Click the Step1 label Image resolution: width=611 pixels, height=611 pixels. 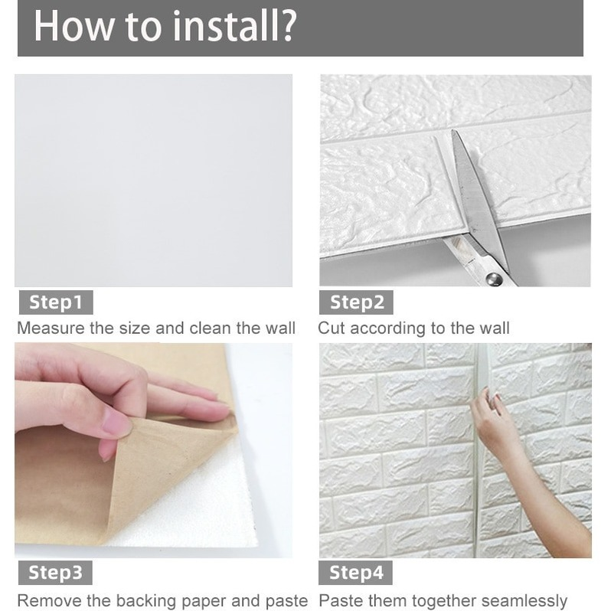click(x=56, y=302)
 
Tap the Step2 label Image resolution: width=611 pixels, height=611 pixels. click(x=356, y=302)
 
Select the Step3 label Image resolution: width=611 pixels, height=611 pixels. click(x=55, y=573)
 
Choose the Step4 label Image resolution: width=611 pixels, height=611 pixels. click(x=355, y=573)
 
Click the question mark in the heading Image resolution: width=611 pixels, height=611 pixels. click(x=289, y=26)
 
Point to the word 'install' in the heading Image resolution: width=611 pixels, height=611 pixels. click(x=225, y=26)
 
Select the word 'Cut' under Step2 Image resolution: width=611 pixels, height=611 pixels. click(x=332, y=328)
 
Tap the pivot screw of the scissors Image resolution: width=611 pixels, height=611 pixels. click(x=495, y=279)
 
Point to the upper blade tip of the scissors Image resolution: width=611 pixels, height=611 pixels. click(x=453, y=131)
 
